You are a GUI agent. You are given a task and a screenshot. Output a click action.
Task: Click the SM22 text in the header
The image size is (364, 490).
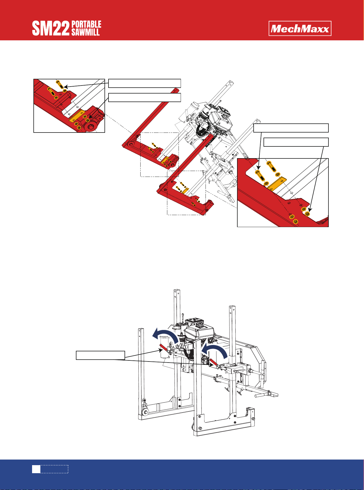(x=51, y=29)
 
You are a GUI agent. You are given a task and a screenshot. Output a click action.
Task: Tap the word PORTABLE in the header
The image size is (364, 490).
(x=86, y=24)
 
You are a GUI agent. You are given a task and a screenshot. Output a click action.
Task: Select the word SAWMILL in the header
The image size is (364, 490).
(x=86, y=32)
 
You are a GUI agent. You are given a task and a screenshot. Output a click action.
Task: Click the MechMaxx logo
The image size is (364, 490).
(x=300, y=28)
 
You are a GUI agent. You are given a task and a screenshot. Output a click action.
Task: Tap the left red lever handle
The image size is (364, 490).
(x=163, y=347)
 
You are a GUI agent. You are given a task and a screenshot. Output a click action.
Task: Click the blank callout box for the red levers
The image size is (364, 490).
(x=100, y=355)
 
